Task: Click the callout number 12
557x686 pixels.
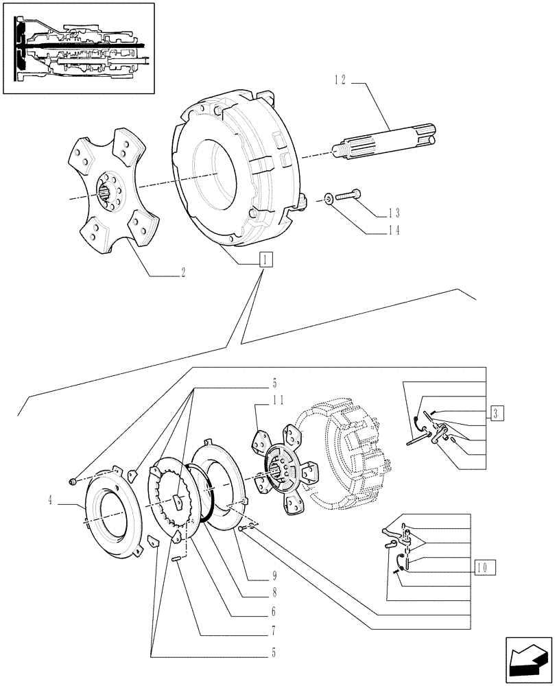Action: coord(340,81)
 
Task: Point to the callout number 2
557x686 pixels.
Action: coord(182,272)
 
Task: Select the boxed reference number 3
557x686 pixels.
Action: coord(498,412)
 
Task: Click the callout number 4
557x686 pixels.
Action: coord(51,500)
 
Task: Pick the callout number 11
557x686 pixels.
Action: coord(259,399)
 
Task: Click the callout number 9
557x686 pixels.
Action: coord(272,575)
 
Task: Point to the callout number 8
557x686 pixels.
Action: coord(272,593)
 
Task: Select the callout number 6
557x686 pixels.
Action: coord(272,611)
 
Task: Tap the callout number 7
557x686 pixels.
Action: coord(272,629)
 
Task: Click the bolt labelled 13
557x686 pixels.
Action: coord(348,197)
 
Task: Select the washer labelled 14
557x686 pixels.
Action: coord(329,199)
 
